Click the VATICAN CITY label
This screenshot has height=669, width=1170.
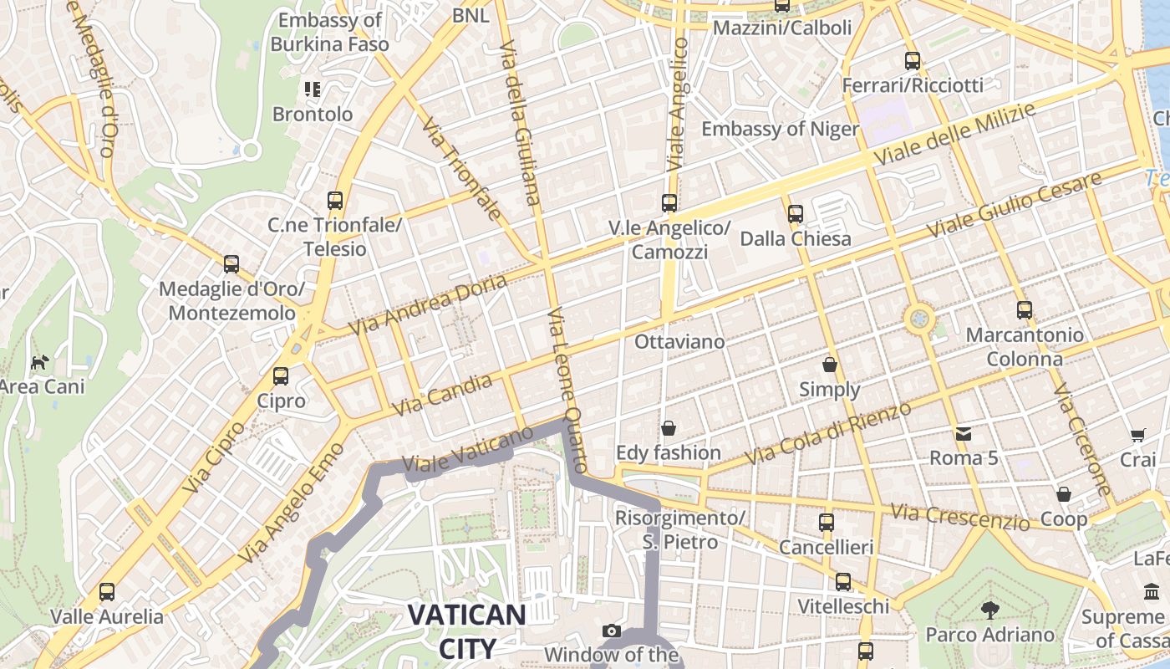tap(466, 631)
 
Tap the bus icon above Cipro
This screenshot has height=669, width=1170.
tap(281, 376)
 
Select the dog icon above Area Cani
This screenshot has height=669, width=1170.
tap(39, 362)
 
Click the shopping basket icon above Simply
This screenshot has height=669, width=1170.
tap(830, 365)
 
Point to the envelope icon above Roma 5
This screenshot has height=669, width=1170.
tap(964, 433)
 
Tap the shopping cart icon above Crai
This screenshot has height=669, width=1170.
tap(1137, 435)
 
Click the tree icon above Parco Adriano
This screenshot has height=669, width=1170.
tap(990, 610)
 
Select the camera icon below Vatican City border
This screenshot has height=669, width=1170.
tap(612, 631)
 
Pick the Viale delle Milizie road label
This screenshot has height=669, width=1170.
tap(954, 134)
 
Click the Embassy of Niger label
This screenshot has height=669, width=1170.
tap(780, 129)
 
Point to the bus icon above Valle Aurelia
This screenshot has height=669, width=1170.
tap(107, 592)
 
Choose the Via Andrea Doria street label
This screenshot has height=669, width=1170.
tap(428, 304)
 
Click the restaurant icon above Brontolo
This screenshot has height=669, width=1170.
tap(313, 89)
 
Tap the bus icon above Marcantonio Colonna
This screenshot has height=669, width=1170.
tap(1025, 310)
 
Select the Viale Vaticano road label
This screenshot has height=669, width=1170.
tap(467, 450)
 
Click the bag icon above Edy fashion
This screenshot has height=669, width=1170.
tap(669, 428)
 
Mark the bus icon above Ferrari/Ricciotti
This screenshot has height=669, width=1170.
tap(912, 61)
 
